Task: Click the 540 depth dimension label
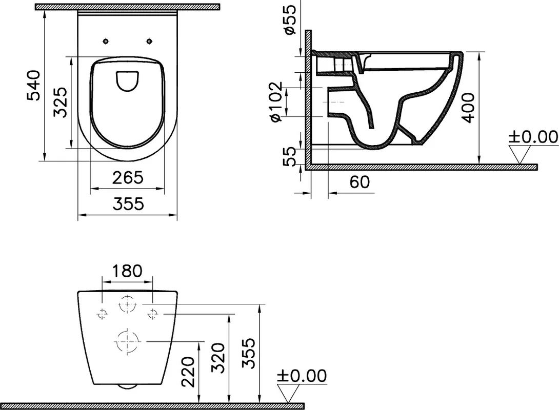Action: tap(34, 86)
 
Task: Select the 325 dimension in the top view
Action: tap(60, 102)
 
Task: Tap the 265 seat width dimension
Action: tap(128, 178)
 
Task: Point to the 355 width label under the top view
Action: tap(128, 204)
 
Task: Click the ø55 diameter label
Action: tap(290, 19)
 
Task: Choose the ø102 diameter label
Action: tap(276, 102)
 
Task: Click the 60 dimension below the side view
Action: tap(360, 182)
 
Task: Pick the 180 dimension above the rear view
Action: tap(127, 271)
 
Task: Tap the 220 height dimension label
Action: tap(188, 372)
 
